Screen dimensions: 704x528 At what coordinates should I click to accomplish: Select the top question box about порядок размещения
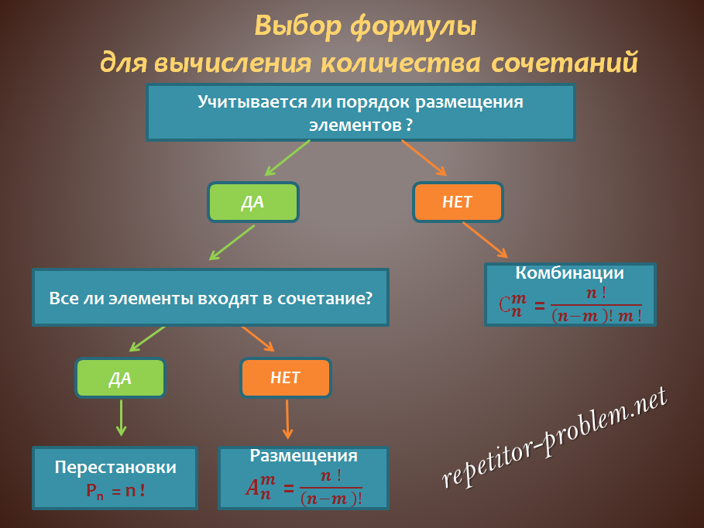pos(361,112)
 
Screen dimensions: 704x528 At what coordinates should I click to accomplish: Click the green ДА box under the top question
pos(253,202)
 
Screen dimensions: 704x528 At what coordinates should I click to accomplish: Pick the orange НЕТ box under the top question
pos(458,202)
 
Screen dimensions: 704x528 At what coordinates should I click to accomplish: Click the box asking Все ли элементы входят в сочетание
pos(211,297)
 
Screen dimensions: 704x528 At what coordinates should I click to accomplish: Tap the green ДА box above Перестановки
pos(120,378)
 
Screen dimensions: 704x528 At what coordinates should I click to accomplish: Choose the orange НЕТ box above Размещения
pos(286,378)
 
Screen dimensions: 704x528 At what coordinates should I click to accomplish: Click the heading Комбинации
pos(569,273)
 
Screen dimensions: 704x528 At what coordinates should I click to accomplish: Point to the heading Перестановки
pos(115,467)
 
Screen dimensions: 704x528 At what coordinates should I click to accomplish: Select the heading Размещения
pos(304,456)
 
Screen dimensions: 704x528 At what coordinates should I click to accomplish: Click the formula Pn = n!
pos(115,491)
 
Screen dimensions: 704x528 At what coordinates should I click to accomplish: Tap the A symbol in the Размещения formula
pos(252,488)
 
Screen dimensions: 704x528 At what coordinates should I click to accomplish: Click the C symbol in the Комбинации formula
pos(504,305)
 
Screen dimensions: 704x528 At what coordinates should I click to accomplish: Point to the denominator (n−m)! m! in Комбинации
pos(596,316)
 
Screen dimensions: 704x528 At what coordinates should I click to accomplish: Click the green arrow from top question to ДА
pos(287,158)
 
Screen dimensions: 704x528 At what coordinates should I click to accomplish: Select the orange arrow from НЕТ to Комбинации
pos(485,240)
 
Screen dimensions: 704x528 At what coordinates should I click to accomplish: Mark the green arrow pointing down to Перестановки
pos(122,418)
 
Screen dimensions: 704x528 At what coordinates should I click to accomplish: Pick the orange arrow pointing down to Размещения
pos(287,420)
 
